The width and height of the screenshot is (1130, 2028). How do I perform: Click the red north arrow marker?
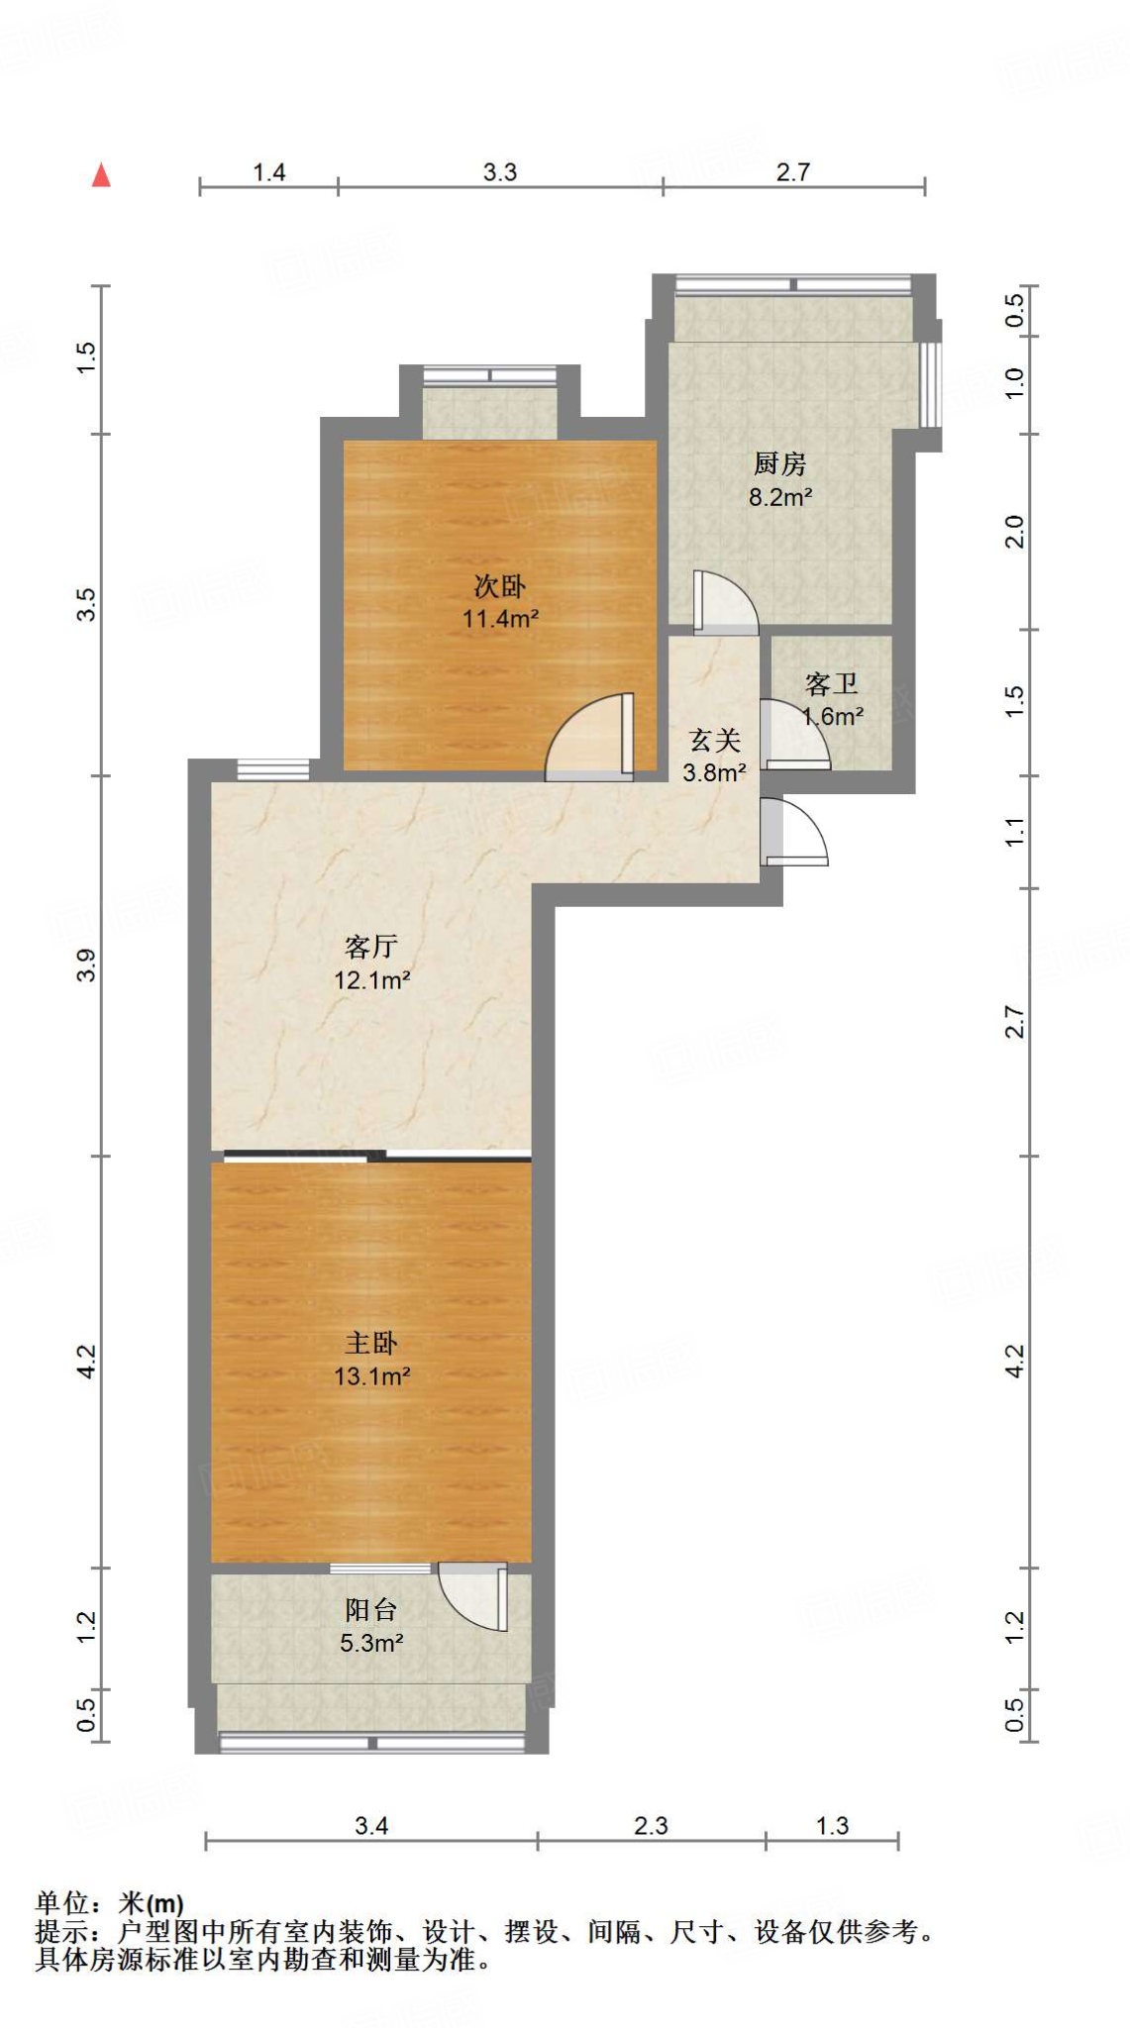[101, 176]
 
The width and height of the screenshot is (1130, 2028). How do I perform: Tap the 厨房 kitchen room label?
[779, 463]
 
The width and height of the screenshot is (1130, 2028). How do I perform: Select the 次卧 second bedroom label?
[499, 586]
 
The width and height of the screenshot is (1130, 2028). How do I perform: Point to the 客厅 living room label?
[371, 947]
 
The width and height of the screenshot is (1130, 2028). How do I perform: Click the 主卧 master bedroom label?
[371, 1343]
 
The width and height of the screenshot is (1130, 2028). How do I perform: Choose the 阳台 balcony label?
[371, 1610]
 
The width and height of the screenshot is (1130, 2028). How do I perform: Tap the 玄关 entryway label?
[714, 740]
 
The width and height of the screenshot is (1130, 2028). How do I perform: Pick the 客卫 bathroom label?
[831, 683]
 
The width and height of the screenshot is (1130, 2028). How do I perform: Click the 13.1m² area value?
[371, 1375]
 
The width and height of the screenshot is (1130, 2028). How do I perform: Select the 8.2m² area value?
[779, 497]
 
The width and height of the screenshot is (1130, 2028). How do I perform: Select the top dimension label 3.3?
[500, 172]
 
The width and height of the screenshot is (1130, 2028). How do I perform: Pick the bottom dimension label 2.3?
[651, 1825]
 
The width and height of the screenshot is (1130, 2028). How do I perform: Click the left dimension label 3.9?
[87, 964]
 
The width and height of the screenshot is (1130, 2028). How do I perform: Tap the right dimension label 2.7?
[1015, 1021]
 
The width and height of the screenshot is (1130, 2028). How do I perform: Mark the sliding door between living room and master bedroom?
[377, 1155]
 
